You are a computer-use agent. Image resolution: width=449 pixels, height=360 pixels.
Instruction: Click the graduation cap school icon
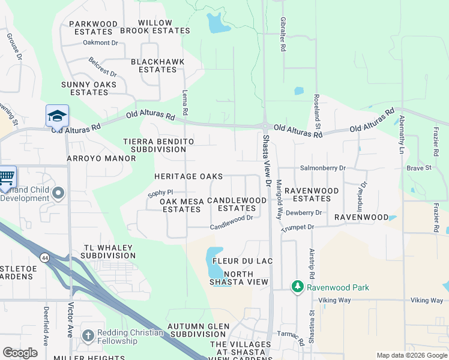pyautogui.click(x=57, y=115)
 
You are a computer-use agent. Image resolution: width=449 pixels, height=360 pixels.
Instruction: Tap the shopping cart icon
pyautogui.click(x=6, y=177)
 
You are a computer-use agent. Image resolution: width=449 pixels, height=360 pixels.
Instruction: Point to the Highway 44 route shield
pyautogui.click(x=44, y=257)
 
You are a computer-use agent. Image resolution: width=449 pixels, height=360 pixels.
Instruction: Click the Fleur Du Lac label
pyautogui.click(x=239, y=262)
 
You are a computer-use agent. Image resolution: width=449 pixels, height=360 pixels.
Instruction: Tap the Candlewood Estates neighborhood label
pyautogui.click(x=237, y=204)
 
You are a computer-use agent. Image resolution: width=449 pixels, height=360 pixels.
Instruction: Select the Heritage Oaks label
pyautogui.click(x=188, y=176)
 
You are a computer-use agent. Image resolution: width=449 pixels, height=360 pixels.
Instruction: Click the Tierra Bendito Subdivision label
pyautogui.click(x=158, y=145)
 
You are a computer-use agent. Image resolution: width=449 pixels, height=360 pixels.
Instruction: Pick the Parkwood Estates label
pyautogui.click(x=93, y=28)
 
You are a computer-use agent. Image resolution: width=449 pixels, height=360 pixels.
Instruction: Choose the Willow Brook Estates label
pyautogui.click(x=163, y=26)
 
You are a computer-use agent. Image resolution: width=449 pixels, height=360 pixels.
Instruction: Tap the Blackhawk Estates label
pyautogui.click(x=154, y=65)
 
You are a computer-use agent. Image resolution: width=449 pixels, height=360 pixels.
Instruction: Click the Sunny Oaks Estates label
pyautogui.click(x=89, y=88)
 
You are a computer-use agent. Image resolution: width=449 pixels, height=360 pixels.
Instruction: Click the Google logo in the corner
pyautogui.click(x=20, y=353)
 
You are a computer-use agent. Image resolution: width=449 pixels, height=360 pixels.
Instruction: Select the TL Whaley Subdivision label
pyautogui.click(x=101, y=251)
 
